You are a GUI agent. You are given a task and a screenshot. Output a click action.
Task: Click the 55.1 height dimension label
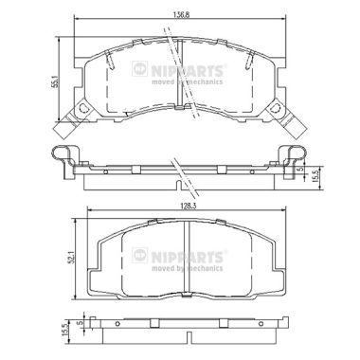[55, 81]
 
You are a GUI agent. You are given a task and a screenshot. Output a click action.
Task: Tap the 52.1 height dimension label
[72, 257]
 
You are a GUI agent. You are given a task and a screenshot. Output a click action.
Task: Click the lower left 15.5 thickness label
[65, 329]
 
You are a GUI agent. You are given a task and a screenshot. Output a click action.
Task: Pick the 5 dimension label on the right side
[301, 169]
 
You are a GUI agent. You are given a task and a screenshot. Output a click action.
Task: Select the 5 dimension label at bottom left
[80, 323]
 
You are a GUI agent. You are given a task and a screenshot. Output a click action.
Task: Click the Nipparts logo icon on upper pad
[139, 68]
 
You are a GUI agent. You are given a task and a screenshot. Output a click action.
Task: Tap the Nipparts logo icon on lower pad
[139, 255]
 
